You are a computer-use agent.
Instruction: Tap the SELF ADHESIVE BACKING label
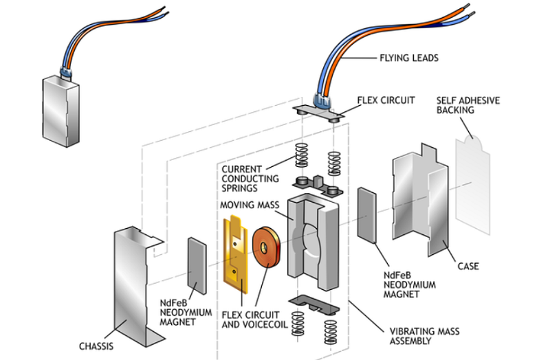pyautogui.click(x=467, y=105)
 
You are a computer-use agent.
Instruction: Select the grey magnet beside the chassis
pyautogui.click(x=197, y=269)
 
